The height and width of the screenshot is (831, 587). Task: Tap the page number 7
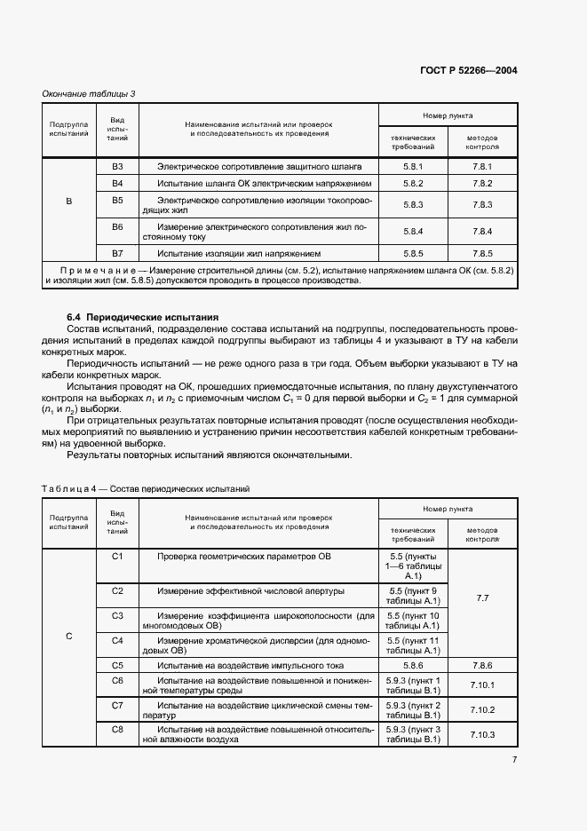[514, 759]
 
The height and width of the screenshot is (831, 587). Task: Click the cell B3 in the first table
[117, 167]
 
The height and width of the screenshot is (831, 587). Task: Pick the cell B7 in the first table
[117, 253]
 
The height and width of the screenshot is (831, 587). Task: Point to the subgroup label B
[69, 202]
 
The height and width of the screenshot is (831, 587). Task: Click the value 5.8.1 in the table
[414, 167]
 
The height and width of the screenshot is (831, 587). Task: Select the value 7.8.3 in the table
[482, 205]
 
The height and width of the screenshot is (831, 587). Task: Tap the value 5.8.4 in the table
[414, 232]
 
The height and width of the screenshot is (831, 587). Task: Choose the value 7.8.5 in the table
[482, 253]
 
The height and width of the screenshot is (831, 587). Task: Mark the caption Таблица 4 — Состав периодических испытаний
[147, 489]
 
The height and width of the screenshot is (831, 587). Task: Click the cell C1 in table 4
[117, 556]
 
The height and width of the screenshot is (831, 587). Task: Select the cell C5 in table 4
[117, 664]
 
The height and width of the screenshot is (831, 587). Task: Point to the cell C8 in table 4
[117, 729]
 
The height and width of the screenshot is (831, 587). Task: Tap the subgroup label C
[69, 637]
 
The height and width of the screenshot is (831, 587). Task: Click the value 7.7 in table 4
[482, 598]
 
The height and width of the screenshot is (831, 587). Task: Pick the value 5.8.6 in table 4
[414, 664]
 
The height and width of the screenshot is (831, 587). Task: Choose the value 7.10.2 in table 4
[482, 709]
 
